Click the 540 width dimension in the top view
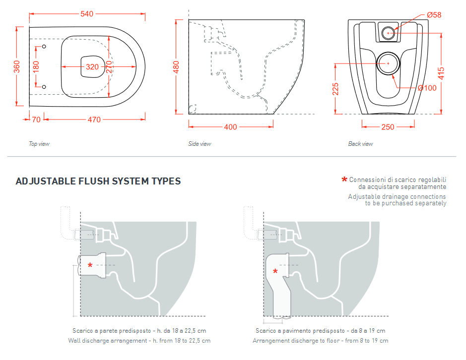pyautogui.click(x=87, y=14)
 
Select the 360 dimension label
pyautogui.click(x=17, y=66)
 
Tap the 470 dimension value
pyautogui.click(x=94, y=120)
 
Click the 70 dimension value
pyautogui.click(x=36, y=120)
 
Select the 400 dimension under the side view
pyautogui.click(x=230, y=127)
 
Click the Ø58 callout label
pyautogui.click(x=433, y=15)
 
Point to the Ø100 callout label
pyautogui.click(x=427, y=88)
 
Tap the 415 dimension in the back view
pyautogui.click(x=441, y=73)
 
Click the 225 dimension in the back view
pyautogui.click(x=335, y=89)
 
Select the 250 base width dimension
pyautogui.click(x=388, y=127)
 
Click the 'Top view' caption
pyautogui.click(x=39, y=144)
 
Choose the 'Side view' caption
pyautogui.click(x=200, y=144)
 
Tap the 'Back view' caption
pyautogui.click(x=360, y=144)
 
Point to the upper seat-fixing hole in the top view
pyautogui.click(x=44, y=48)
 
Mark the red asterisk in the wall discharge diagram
pyautogui.click(x=90, y=266)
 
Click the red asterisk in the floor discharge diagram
pyautogui.click(x=275, y=271)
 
